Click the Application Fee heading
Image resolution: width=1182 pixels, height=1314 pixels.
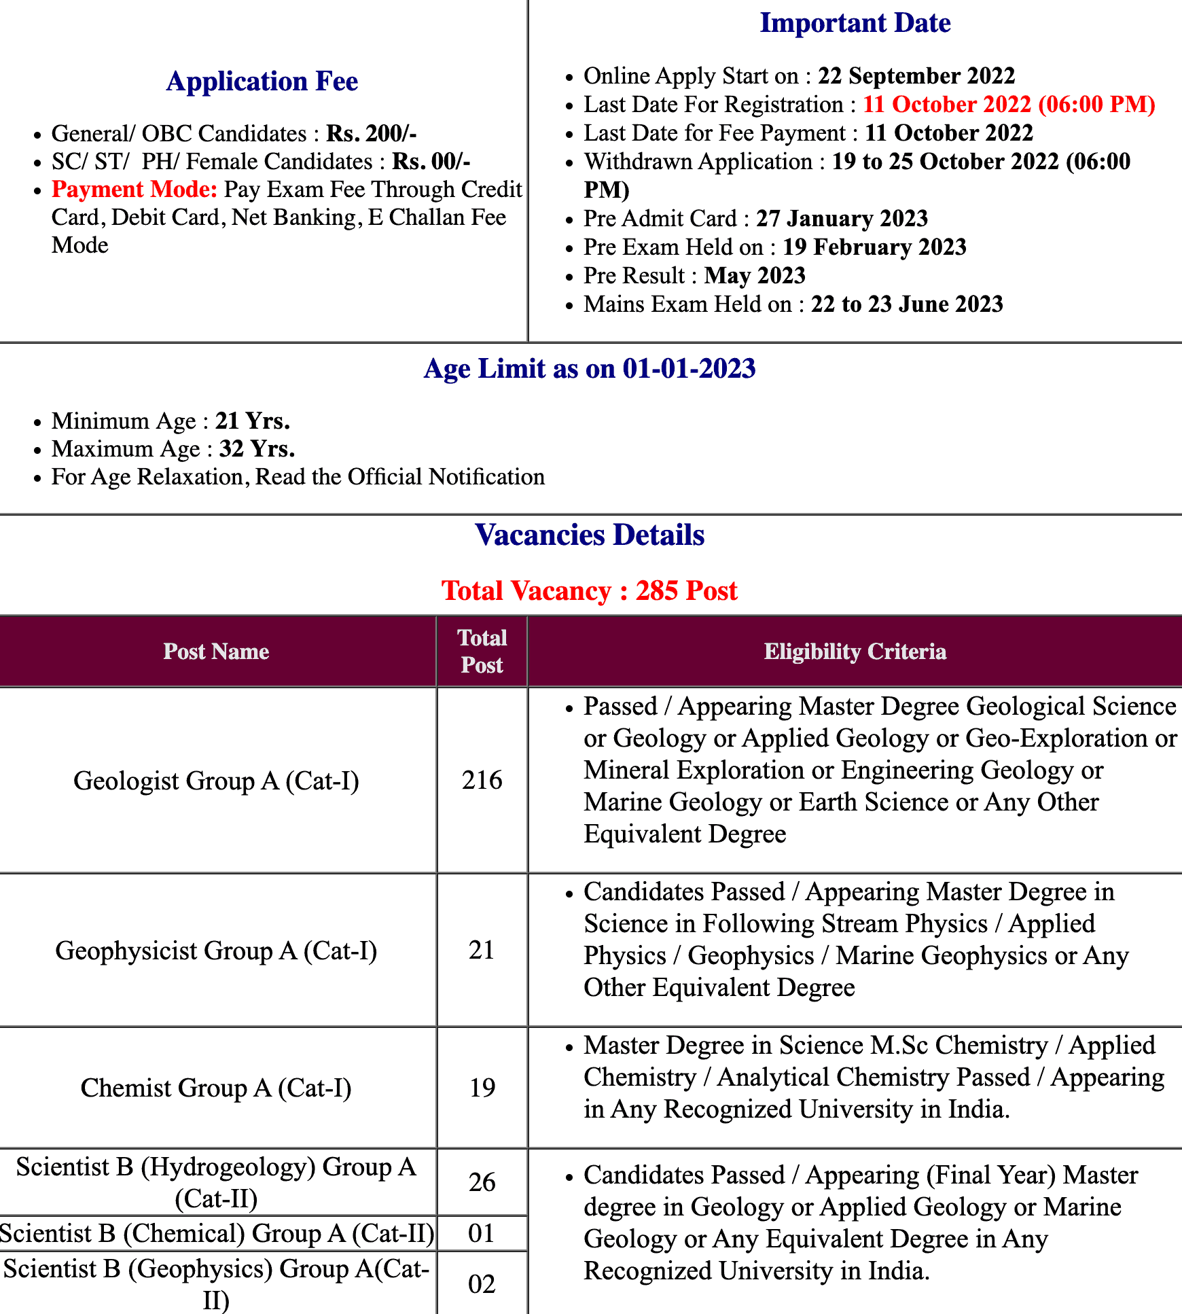click(x=262, y=82)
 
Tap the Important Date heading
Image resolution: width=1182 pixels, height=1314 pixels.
click(x=855, y=23)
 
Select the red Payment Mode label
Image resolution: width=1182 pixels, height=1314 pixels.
click(x=135, y=190)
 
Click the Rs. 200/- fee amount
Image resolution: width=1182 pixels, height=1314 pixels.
click(x=371, y=133)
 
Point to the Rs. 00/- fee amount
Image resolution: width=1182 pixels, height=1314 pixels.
click(x=431, y=162)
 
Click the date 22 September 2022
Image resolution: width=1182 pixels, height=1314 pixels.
click(x=916, y=75)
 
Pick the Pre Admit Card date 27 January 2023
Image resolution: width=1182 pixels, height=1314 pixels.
click(x=842, y=218)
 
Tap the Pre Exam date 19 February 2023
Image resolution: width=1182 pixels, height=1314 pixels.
click(x=874, y=247)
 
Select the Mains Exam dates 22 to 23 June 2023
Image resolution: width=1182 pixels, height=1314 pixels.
click(x=906, y=304)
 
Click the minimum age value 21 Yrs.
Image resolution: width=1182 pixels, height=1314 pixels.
click(x=253, y=421)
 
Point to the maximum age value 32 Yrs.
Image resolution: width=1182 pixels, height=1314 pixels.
click(x=257, y=449)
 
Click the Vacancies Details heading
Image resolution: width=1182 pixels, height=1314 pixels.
click(x=590, y=535)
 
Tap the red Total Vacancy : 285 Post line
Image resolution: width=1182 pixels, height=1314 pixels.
click(x=590, y=591)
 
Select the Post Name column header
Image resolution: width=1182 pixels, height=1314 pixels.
click(x=216, y=652)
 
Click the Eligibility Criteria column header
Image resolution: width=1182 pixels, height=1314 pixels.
click(x=855, y=652)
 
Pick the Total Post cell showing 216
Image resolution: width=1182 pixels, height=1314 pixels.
click(x=482, y=780)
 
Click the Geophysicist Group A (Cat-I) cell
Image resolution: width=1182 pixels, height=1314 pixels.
click(x=216, y=951)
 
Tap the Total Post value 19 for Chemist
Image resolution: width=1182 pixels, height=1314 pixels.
click(x=482, y=1088)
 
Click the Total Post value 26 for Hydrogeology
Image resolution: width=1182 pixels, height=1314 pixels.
click(x=482, y=1182)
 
